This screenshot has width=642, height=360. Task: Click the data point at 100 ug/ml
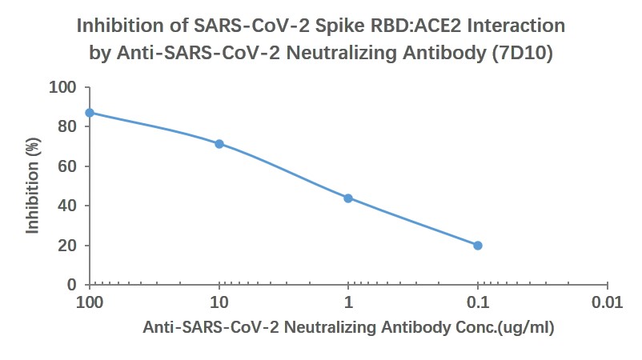(90, 113)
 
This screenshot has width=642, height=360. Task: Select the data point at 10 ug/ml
(219, 144)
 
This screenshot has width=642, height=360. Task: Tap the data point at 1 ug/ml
(348, 198)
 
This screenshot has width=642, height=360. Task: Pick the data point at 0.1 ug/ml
(478, 246)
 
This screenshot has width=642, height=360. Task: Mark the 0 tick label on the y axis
(71, 285)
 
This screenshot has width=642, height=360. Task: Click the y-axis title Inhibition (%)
(33, 186)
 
